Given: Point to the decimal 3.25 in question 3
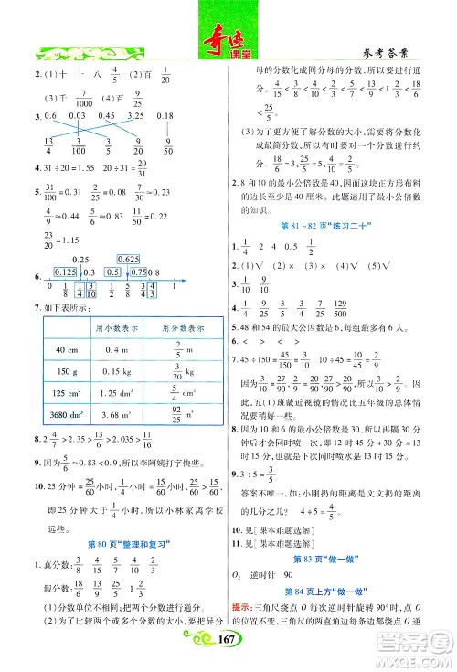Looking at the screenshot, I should tap(137, 115).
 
